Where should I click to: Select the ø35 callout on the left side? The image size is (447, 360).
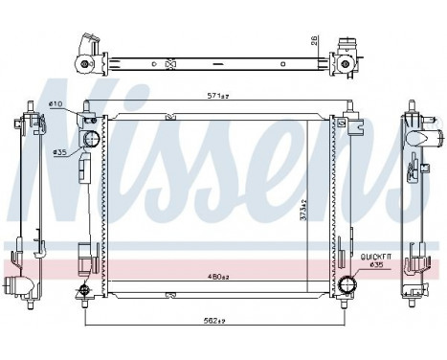(59, 151)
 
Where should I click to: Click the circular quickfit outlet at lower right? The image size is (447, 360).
(347, 283)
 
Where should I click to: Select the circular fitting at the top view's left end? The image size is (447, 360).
(85, 64)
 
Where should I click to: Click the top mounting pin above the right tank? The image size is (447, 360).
(343, 105)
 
